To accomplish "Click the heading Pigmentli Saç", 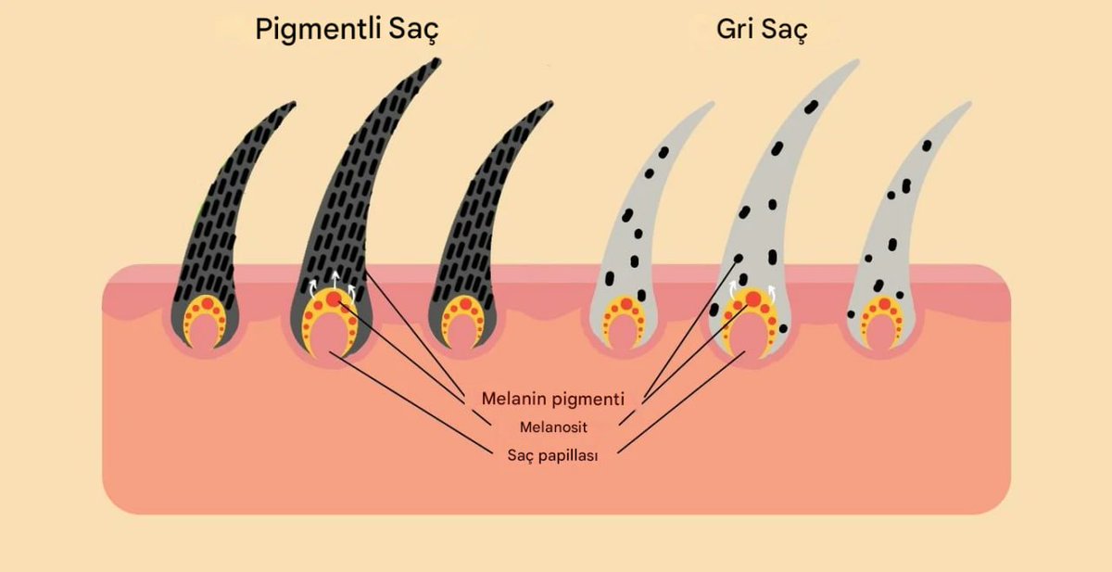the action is [x=347, y=30].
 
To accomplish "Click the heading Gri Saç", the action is [x=762, y=30].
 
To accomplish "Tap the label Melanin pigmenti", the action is [x=552, y=399].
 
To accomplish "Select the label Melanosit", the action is [x=553, y=427].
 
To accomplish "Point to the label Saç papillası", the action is [x=553, y=455].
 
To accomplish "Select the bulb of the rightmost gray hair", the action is [x=881, y=321].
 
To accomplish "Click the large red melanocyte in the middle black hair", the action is [x=334, y=299].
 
